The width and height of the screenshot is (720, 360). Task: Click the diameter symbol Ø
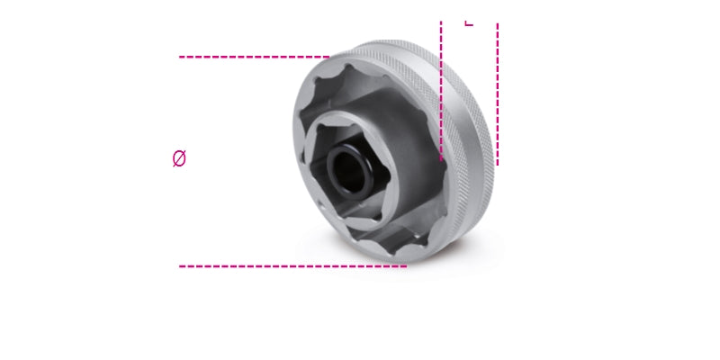coord(179,159)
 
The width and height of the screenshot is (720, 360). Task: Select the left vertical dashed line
coord(441,90)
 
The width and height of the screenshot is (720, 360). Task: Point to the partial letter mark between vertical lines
coord(468,22)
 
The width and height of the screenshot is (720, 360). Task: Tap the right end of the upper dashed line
coord(328,57)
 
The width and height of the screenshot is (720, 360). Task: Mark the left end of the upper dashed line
coord(181,57)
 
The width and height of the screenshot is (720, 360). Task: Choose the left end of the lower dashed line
coord(181,265)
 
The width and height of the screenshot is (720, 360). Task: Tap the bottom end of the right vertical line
coord(497,163)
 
